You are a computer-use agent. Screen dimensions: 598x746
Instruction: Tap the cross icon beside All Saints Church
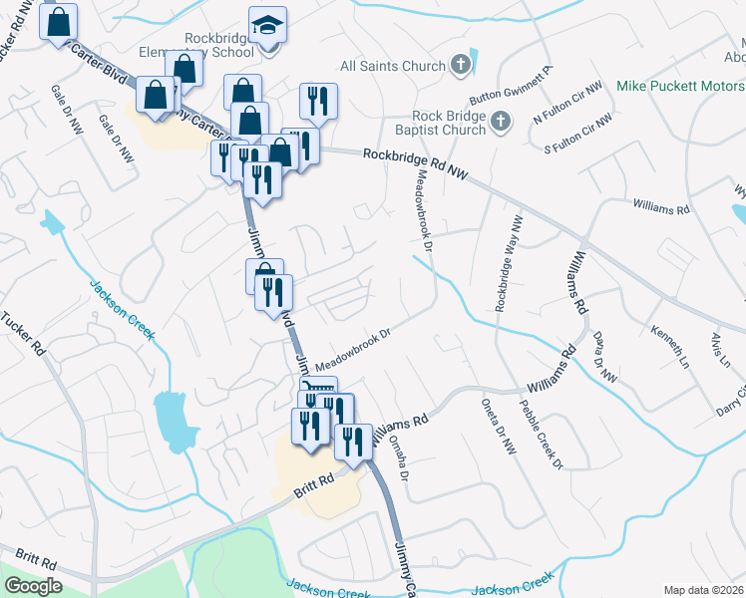460,66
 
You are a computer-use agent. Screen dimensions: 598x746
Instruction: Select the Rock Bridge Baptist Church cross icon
500,123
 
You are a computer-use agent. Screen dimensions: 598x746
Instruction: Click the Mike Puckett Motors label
681,88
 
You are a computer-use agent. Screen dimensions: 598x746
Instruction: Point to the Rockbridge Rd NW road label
415,163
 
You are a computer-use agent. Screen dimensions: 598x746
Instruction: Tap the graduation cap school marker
267,25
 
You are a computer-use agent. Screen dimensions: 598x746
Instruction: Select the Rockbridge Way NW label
508,264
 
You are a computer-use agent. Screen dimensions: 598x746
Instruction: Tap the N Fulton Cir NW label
567,104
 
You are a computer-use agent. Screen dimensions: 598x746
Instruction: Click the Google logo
33,585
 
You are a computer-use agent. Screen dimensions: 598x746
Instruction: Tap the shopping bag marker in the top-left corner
59,22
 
